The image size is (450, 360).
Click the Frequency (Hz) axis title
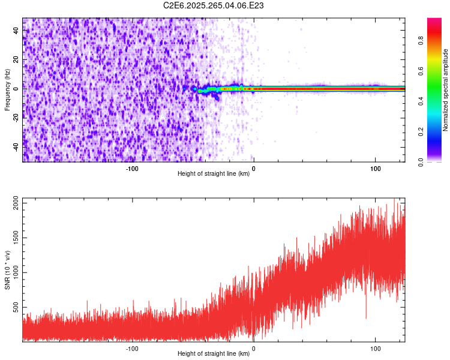click(7, 89)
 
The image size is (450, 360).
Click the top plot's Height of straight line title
click(214, 174)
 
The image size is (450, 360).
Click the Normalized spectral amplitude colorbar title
click(445, 90)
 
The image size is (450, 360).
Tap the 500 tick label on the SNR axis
click(15, 308)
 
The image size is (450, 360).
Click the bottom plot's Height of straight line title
click(214, 354)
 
